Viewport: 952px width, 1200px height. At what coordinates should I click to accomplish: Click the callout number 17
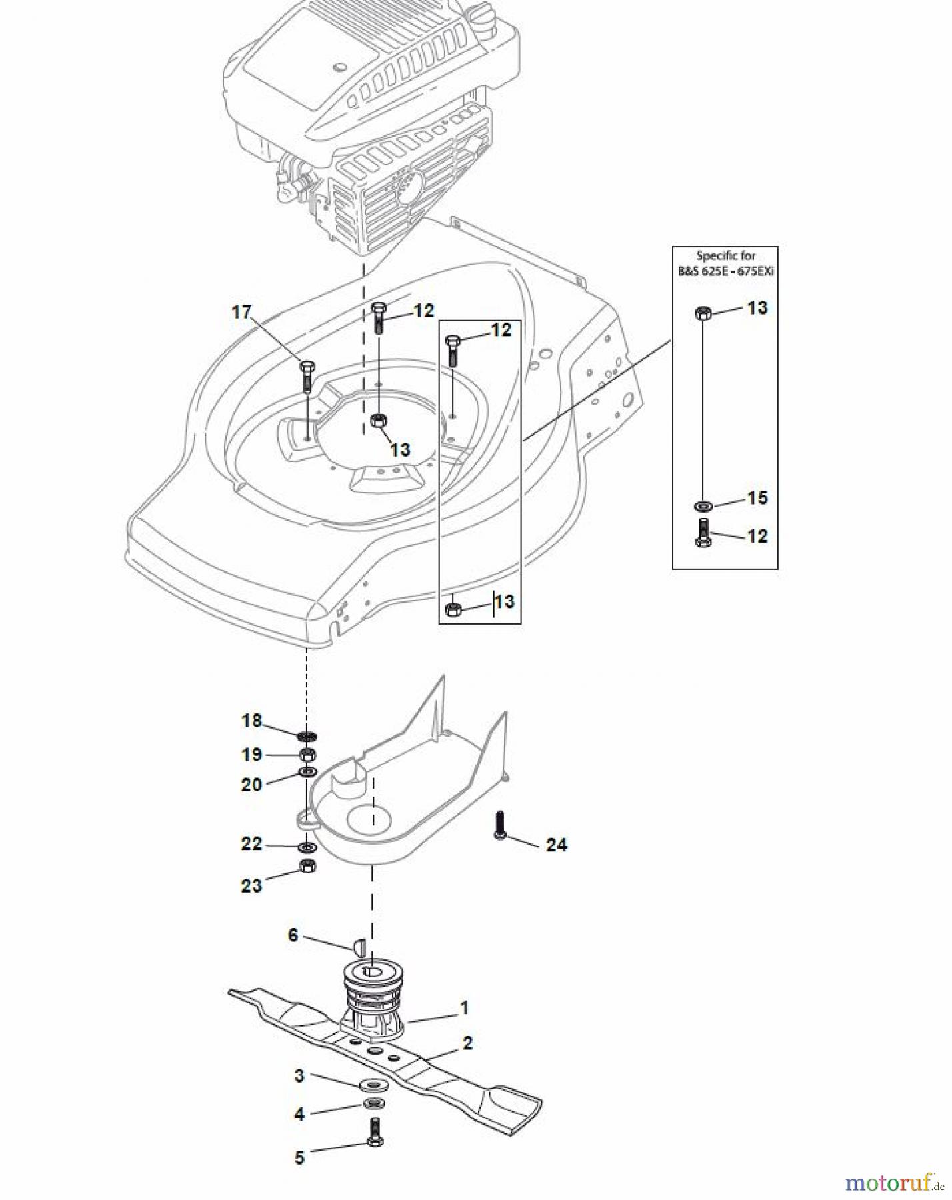pos(241,311)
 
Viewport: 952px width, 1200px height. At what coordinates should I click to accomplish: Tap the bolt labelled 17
pos(307,377)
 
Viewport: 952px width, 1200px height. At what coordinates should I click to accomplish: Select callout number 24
pos(557,845)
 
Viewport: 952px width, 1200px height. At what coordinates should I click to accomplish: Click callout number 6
pos(293,935)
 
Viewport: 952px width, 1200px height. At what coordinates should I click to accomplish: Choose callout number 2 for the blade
pos(467,1043)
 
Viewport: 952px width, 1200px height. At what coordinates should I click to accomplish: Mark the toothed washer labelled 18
pos(307,736)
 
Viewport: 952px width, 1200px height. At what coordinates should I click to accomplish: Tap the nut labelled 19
pos(307,755)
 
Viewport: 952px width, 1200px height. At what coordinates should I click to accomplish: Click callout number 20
pos(251,785)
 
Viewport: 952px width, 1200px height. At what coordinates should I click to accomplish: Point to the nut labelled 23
pos(307,866)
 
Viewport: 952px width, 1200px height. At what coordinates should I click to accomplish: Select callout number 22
pos(251,843)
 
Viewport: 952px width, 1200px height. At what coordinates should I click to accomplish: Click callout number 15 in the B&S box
pos(757,497)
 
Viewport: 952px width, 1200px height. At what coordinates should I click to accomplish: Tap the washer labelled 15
pos(703,505)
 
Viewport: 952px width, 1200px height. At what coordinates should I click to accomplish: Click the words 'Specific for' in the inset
pos(725,255)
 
